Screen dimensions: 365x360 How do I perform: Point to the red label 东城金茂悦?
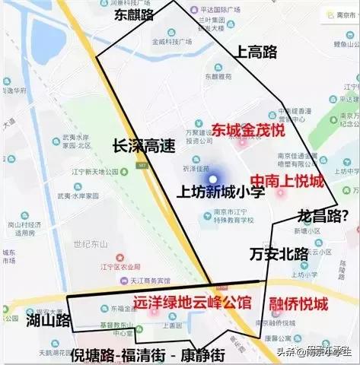tap(248, 129)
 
